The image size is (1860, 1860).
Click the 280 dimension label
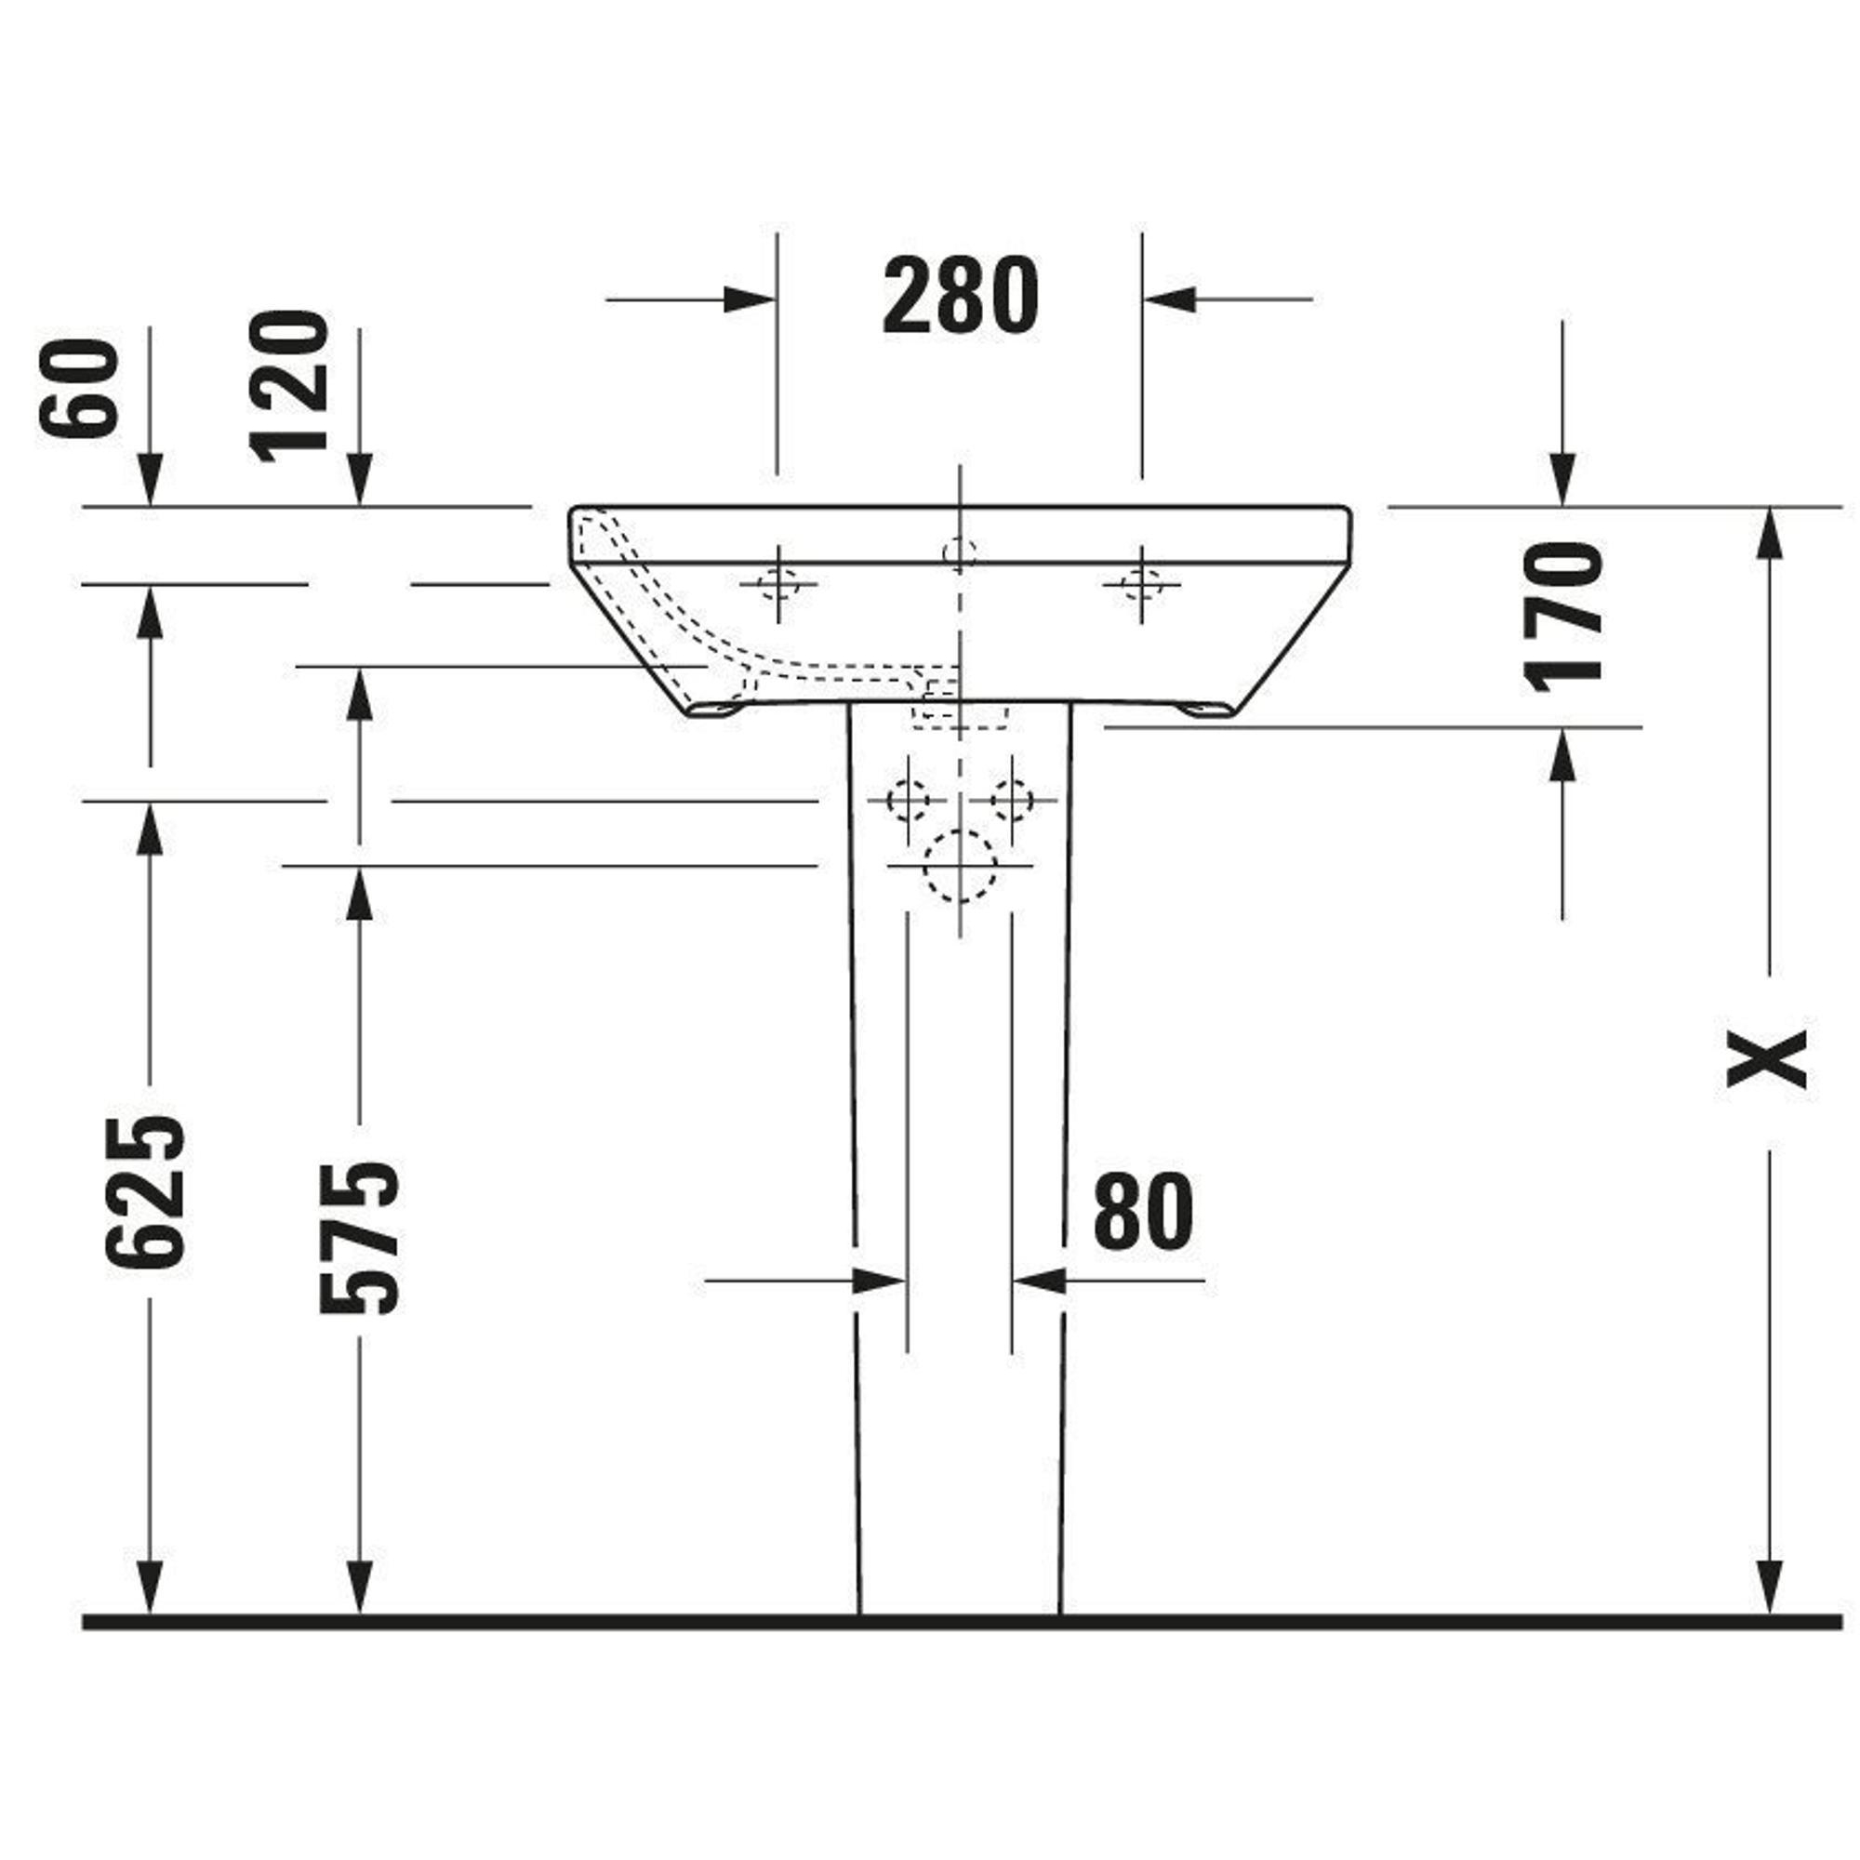pyautogui.click(x=960, y=297)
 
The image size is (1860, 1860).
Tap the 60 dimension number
pyautogui.click(x=79, y=389)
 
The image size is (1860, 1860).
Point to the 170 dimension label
pyautogui.click(x=1564, y=618)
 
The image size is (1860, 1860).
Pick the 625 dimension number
pyautogui.click(x=144, y=1193)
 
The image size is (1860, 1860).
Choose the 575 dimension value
pyautogui.click(x=358, y=1239)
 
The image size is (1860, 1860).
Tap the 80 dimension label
pyautogui.click(x=1143, y=1211)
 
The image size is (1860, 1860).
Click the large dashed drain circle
pyautogui.click(x=959, y=866)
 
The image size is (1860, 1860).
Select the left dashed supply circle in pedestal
pyautogui.click(x=907, y=800)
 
